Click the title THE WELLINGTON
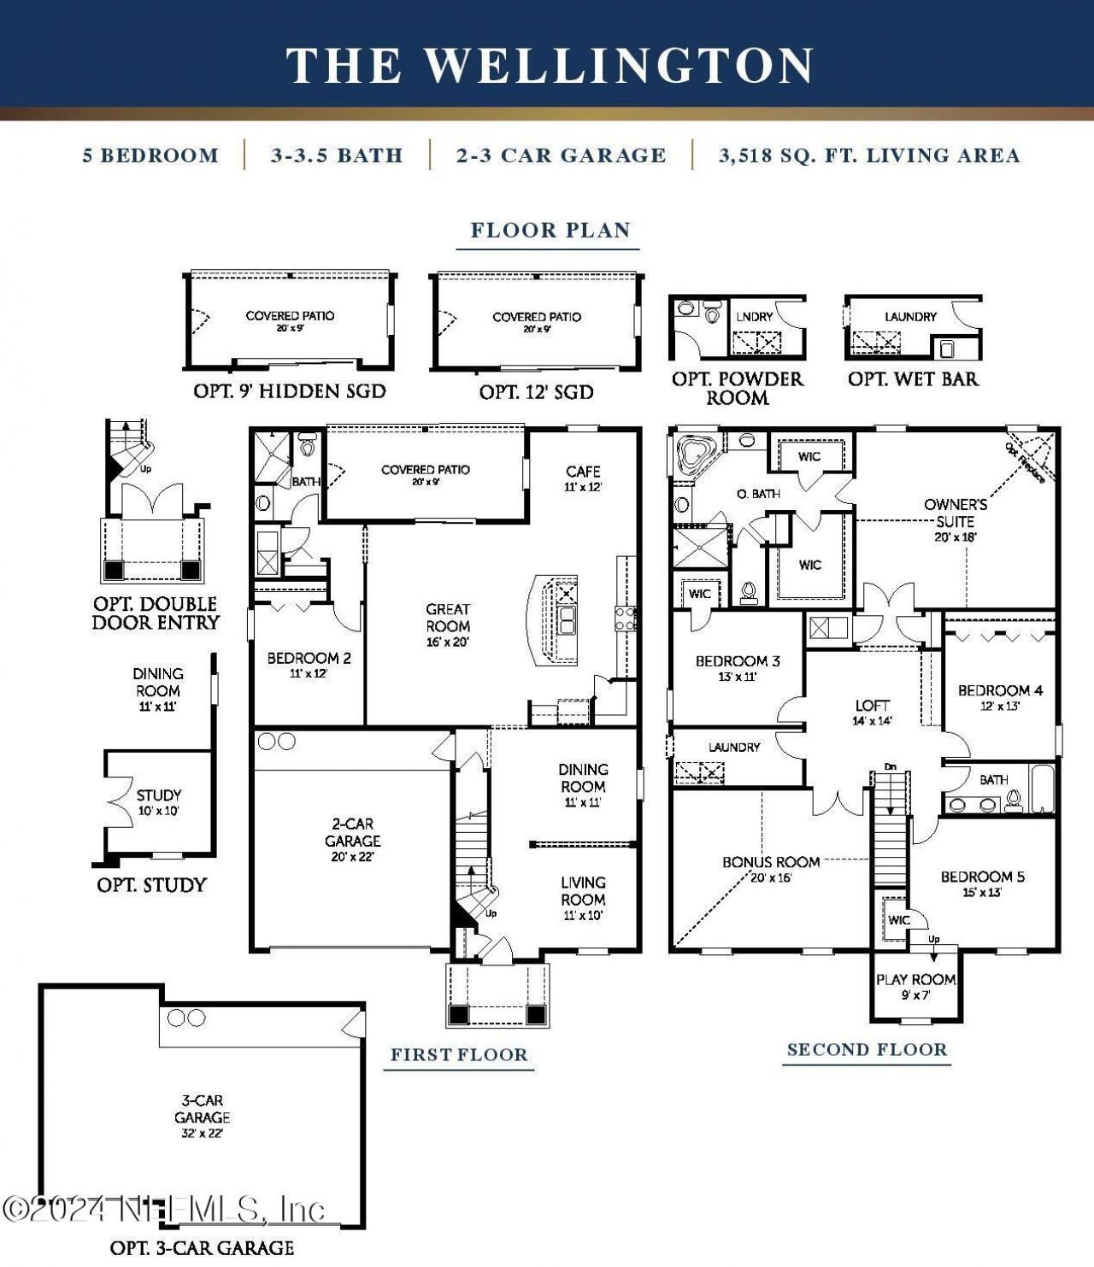click(x=550, y=66)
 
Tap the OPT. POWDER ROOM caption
click(x=737, y=388)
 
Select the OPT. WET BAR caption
click(x=913, y=378)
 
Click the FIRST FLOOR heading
click(x=459, y=1055)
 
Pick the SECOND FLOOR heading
click(x=867, y=1050)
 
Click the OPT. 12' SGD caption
click(x=536, y=392)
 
